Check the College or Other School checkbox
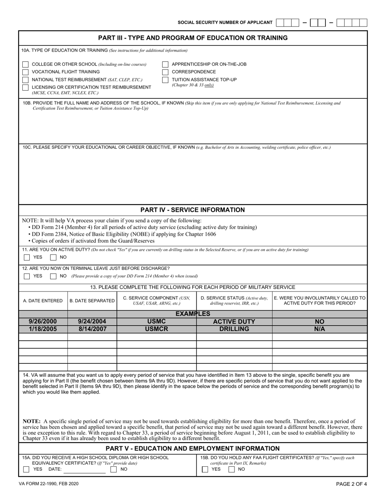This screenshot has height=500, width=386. (26, 65)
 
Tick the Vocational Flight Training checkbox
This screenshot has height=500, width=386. (26, 72)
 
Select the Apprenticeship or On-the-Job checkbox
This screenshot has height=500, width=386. (165, 65)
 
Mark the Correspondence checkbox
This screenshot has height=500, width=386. (165, 72)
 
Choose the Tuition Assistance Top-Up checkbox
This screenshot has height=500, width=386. (165, 80)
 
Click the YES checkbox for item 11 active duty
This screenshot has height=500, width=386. (27, 257)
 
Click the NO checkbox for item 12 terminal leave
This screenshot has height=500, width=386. (53, 276)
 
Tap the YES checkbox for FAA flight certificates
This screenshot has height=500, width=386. (205, 469)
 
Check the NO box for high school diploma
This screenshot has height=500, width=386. (114, 469)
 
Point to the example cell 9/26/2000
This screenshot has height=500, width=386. (43, 322)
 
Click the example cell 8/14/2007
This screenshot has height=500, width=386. (92, 329)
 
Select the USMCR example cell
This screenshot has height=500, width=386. (156, 329)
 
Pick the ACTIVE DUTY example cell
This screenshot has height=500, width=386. (234, 322)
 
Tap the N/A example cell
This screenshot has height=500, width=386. (319, 329)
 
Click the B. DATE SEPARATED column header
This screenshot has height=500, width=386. (92, 301)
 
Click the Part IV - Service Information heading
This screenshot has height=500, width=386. (193, 210)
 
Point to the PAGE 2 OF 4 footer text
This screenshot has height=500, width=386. (351, 484)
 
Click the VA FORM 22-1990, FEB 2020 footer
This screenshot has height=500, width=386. (48, 484)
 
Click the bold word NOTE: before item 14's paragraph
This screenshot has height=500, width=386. (31, 422)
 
